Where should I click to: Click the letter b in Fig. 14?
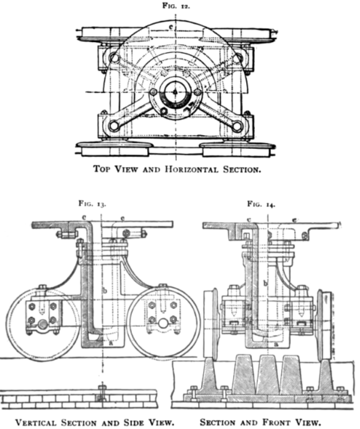click(x=265, y=283)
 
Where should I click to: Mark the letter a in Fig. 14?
click(x=276, y=344)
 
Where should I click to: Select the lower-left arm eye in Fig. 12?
click(x=114, y=125)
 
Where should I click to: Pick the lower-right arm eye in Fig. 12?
click(x=237, y=126)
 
